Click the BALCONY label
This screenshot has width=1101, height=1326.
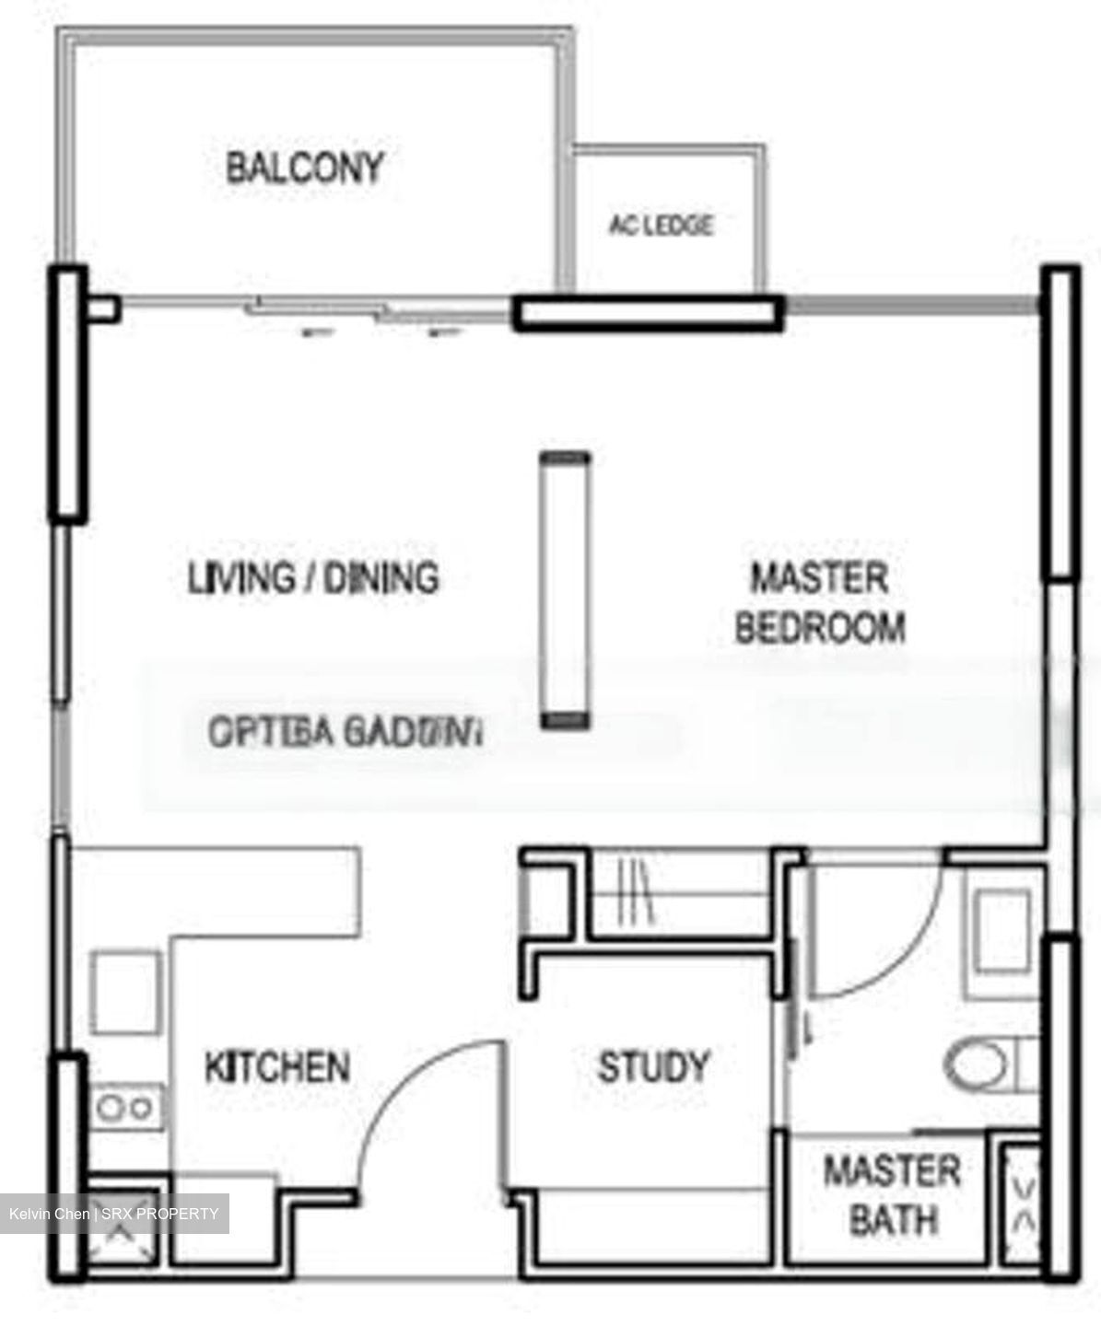tap(304, 168)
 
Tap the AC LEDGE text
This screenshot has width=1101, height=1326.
tap(661, 225)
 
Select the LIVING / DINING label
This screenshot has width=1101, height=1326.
tap(313, 578)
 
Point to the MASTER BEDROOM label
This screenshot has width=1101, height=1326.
tap(819, 603)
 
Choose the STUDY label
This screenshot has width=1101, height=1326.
tap(653, 1066)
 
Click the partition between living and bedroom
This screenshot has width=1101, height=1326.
tap(564, 589)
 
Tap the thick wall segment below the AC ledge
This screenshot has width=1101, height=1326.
tap(648, 313)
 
